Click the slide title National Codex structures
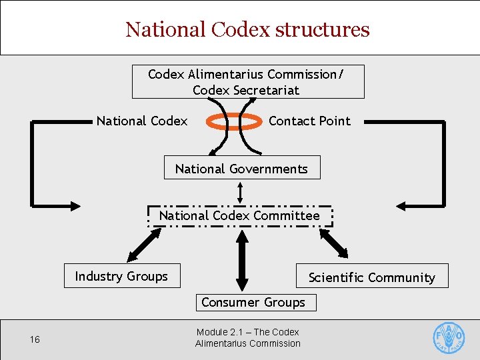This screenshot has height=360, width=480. tap(247, 29)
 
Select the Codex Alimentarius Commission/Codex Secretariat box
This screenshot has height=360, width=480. tap(248, 82)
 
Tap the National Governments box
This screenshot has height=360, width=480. tap(242, 168)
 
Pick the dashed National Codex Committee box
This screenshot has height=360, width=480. tap(239, 216)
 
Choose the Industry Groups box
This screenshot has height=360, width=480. tap(122, 276)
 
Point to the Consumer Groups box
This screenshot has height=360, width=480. tap(253, 302)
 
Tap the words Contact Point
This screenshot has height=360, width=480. tap(309, 121)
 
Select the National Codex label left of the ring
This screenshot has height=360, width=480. tap(142, 121)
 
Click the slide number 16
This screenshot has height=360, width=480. tap(35, 340)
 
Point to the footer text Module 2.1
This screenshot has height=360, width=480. tap(248, 337)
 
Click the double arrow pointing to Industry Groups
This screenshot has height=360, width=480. tap(144, 245)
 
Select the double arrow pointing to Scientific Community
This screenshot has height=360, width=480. tap(333, 245)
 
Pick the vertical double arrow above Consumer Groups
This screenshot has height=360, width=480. tap(241, 259)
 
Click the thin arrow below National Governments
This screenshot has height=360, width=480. tap(241, 192)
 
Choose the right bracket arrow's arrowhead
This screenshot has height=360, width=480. tap(405, 203)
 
